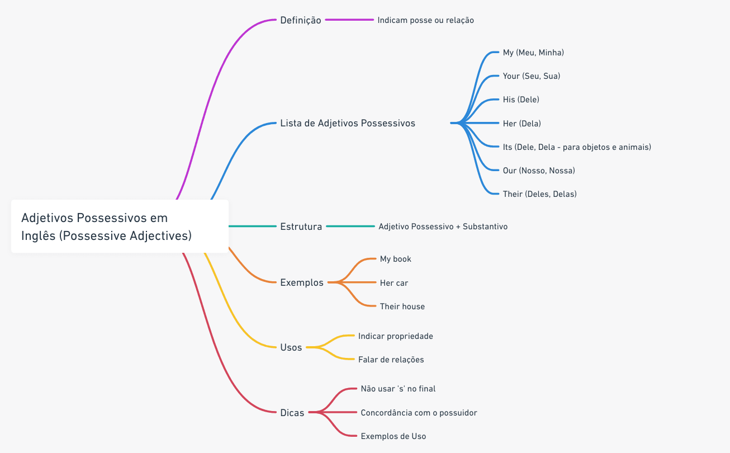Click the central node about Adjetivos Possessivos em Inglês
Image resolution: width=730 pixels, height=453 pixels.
(x=120, y=226)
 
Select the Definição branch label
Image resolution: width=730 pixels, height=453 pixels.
(x=301, y=20)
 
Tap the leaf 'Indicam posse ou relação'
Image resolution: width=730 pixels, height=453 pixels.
(x=425, y=20)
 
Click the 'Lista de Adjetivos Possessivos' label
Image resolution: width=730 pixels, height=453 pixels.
(x=348, y=123)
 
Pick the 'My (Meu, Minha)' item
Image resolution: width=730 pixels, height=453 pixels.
(x=533, y=53)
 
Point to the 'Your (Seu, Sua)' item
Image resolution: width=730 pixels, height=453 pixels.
(x=531, y=76)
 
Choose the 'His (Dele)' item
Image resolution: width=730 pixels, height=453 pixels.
(x=521, y=100)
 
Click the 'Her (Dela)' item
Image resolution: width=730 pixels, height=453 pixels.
(x=522, y=123)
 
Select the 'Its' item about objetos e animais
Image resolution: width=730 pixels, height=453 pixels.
(x=577, y=147)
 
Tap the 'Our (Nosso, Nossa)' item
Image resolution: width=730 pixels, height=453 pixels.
(x=539, y=171)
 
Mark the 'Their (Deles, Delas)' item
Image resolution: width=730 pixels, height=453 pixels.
(x=540, y=194)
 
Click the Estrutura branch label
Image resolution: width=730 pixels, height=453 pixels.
(x=301, y=226)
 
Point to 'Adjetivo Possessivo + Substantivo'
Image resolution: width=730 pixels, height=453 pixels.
(x=443, y=226)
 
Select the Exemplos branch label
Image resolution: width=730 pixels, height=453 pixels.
(x=302, y=282)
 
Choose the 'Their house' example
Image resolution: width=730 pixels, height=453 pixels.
(x=402, y=306)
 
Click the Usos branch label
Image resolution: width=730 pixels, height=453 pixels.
(x=291, y=347)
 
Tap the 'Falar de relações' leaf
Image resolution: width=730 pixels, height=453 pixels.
(x=391, y=360)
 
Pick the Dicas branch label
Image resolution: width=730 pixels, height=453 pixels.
(x=292, y=413)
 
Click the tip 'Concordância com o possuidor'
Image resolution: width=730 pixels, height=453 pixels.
(x=419, y=413)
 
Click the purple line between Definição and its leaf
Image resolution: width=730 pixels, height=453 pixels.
(x=349, y=20)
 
